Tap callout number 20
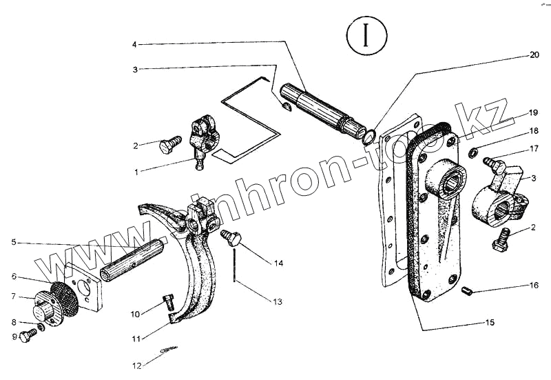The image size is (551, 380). tap(534, 54)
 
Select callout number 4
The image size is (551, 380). tap(135, 45)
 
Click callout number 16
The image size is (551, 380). tap(534, 284)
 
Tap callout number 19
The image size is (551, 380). tap(533, 112)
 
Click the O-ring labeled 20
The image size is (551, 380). tap(368, 135)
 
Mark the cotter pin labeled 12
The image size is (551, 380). tap(169, 352)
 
